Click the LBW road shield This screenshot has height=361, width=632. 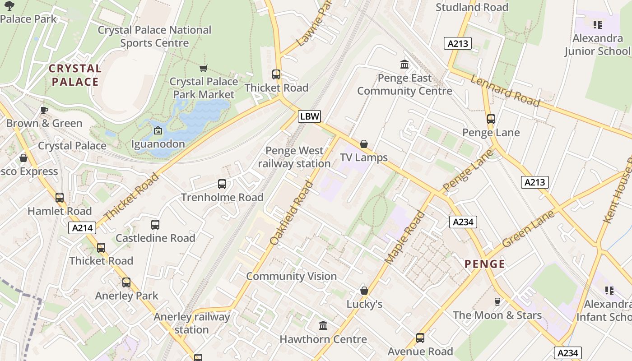tap(309, 116)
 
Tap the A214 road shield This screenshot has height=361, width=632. tap(83, 228)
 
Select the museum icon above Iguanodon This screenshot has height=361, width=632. tap(158, 131)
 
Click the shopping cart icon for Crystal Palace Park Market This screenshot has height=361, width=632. tap(204, 68)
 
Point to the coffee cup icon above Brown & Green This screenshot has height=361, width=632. tap(44, 110)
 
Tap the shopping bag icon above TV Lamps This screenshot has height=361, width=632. tap(364, 144)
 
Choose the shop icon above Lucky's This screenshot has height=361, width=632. tap(364, 291)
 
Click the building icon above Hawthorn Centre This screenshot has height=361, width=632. tap(323, 325)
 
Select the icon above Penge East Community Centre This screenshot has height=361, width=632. tap(404, 65)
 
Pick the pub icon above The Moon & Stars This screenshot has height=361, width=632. tap(497, 301)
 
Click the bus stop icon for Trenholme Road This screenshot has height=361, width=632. tap(222, 184)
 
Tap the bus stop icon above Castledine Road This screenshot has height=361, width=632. tap(155, 224)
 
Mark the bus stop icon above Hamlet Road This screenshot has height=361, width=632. tap(60, 198)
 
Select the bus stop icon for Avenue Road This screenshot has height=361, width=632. tap(420, 338)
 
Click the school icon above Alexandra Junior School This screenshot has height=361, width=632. tap(598, 24)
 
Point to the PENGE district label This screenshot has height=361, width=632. tap(485, 264)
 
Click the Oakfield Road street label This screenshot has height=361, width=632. tap(291, 213)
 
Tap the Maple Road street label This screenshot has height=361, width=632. tap(405, 237)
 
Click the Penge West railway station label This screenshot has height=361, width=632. tap(294, 157)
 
